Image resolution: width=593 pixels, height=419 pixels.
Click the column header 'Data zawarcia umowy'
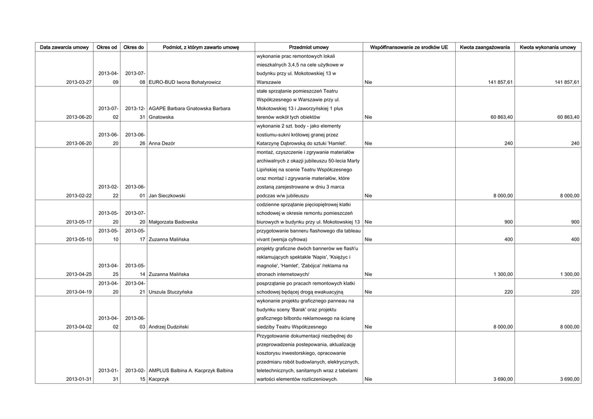pos(64,47)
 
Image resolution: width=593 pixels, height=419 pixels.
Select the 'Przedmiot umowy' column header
pos(309,47)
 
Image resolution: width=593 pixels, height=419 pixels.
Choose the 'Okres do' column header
pos(134,47)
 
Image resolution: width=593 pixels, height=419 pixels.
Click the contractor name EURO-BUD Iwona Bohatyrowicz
pos(185,83)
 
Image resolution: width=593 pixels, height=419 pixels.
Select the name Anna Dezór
pos(163,143)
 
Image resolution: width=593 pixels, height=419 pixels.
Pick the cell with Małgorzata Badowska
pos(174,222)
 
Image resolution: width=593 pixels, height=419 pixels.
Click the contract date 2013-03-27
pos(79,83)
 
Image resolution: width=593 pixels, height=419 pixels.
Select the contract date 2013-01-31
pos(79,380)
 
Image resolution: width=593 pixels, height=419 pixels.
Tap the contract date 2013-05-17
pos(79,222)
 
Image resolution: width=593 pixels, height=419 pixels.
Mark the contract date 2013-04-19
pos(79,292)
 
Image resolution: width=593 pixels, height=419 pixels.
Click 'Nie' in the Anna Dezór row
pos(368,143)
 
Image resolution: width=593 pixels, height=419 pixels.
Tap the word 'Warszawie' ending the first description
pos(269,83)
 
